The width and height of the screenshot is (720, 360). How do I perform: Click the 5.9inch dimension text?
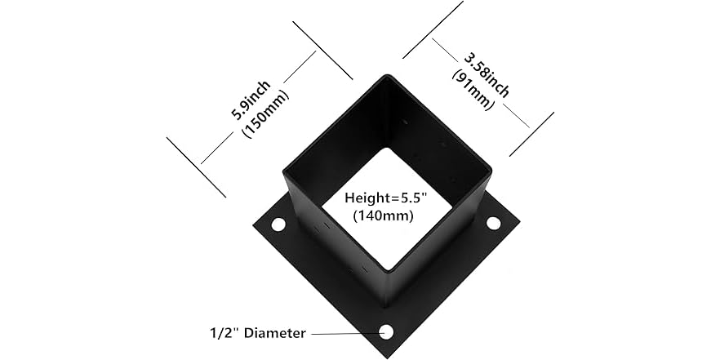click(x=251, y=100)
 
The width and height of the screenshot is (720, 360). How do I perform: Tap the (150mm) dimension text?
click(x=265, y=113)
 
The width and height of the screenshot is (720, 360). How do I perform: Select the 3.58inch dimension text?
click(x=487, y=75)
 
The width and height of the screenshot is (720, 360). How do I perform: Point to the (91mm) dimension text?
click(x=473, y=90)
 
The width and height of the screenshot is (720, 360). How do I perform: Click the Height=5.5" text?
click(x=386, y=198)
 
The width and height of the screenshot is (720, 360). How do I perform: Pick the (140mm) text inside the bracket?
click(x=383, y=215)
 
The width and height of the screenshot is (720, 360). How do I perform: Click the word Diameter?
click(x=274, y=333)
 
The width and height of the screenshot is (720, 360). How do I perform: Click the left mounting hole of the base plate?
click(x=278, y=224)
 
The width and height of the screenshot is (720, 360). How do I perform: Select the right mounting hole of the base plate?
click(x=493, y=224)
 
